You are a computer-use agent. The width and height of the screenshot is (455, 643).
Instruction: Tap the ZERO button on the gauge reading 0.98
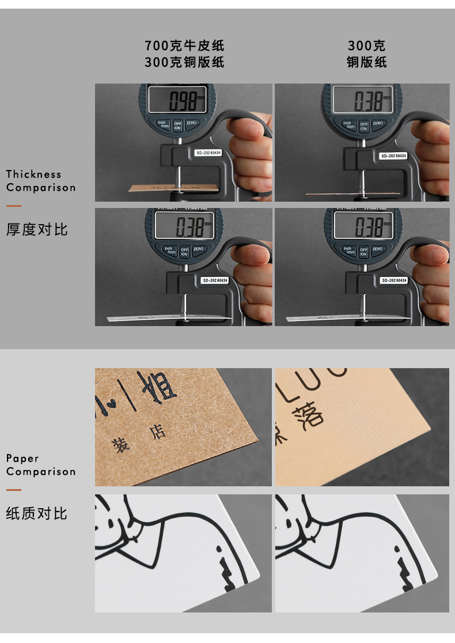click(x=192, y=123)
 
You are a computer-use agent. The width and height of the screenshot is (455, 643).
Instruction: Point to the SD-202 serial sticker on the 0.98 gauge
click(x=208, y=153)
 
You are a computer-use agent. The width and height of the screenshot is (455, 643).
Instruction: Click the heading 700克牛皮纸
click(x=184, y=46)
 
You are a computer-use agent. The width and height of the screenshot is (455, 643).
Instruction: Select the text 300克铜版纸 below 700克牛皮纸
click(x=184, y=62)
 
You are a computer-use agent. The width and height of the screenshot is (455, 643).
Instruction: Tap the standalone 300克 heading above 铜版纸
click(x=366, y=46)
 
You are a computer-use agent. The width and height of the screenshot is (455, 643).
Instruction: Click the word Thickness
click(x=33, y=174)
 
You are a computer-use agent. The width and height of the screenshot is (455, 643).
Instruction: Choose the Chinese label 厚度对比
click(x=37, y=229)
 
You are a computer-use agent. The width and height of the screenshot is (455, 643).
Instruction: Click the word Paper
click(x=22, y=458)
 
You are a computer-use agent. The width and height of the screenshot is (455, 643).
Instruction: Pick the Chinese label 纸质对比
click(x=37, y=513)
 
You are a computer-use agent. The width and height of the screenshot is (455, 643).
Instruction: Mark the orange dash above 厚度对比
click(x=14, y=206)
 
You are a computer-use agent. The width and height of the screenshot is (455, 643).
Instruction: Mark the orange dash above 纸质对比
click(x=14, y=490)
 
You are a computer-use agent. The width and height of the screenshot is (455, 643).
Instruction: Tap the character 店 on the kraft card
click(x=157, y=432)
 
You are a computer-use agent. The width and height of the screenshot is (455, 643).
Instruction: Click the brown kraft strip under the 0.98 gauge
click(x=173, y=188)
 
